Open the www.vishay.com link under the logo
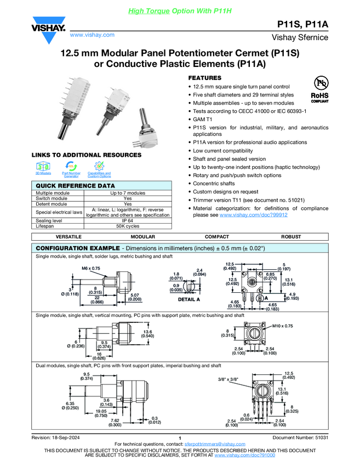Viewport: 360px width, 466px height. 92,35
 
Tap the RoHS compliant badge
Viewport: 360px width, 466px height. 320,89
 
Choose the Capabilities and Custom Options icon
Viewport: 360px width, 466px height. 99,167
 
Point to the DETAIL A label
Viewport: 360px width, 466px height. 189,300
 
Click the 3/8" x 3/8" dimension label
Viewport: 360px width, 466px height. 228,378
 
